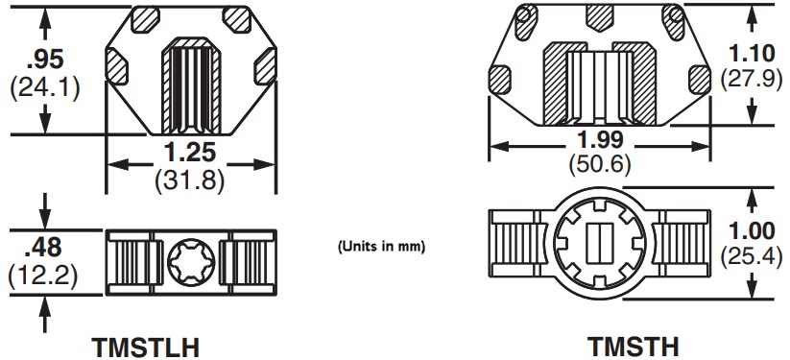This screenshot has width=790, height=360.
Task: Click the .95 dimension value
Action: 44,60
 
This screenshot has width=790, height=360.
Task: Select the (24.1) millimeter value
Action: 44,87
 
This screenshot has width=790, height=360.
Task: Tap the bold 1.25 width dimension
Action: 189,152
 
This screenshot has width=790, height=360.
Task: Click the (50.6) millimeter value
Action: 601,164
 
